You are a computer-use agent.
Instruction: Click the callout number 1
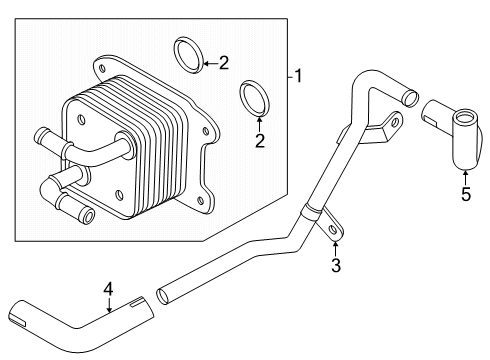coord(297,75)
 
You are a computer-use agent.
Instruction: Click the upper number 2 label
coord(223,63)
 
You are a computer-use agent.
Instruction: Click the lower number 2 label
coord(259,141)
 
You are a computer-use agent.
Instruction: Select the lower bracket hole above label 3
coord(332,228)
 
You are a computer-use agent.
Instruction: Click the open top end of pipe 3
coord(407,98)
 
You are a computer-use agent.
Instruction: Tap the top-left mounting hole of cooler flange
coord(101,67)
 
